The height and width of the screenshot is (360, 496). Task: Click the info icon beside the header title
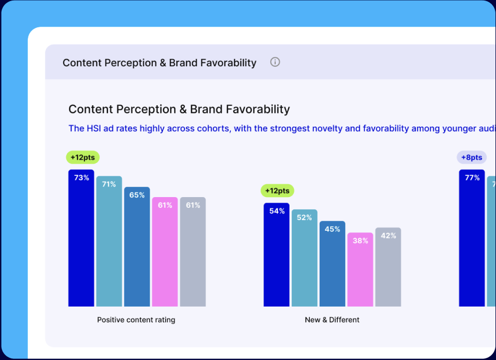point(275,62)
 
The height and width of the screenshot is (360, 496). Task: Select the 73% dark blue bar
point(81,238)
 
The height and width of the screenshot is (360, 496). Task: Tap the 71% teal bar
point(109,241)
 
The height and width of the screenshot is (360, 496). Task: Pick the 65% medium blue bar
point(137,247)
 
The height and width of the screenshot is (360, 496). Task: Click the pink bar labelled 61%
point(165,252)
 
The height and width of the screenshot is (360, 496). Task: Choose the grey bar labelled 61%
point(193,252)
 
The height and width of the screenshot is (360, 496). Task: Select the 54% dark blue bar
point(276,255)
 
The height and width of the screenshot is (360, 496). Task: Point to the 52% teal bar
point(305,258)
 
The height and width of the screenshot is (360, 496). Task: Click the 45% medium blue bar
point(332,264)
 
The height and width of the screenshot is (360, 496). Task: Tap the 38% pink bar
point(360,270)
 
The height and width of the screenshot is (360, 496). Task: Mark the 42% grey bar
point(388,267)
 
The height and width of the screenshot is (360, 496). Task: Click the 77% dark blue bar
point(472,238)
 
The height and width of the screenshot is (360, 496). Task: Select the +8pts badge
point(471,158)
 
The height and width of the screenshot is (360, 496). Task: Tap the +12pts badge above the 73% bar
point(82,158)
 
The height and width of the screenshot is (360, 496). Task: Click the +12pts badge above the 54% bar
point(277,191)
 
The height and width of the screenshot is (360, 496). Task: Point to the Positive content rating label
point(136,320)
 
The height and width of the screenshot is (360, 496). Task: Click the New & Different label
point(332,320)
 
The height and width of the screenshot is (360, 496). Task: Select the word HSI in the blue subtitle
point(94,128)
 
